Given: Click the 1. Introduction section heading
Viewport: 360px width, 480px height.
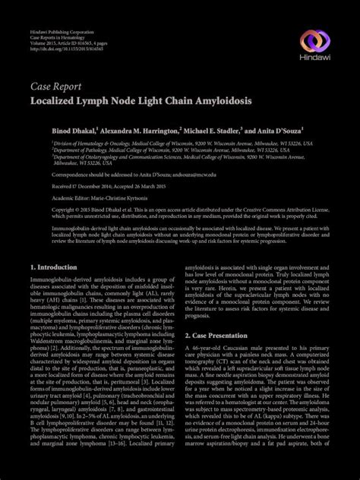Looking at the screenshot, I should tap(55, 268).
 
